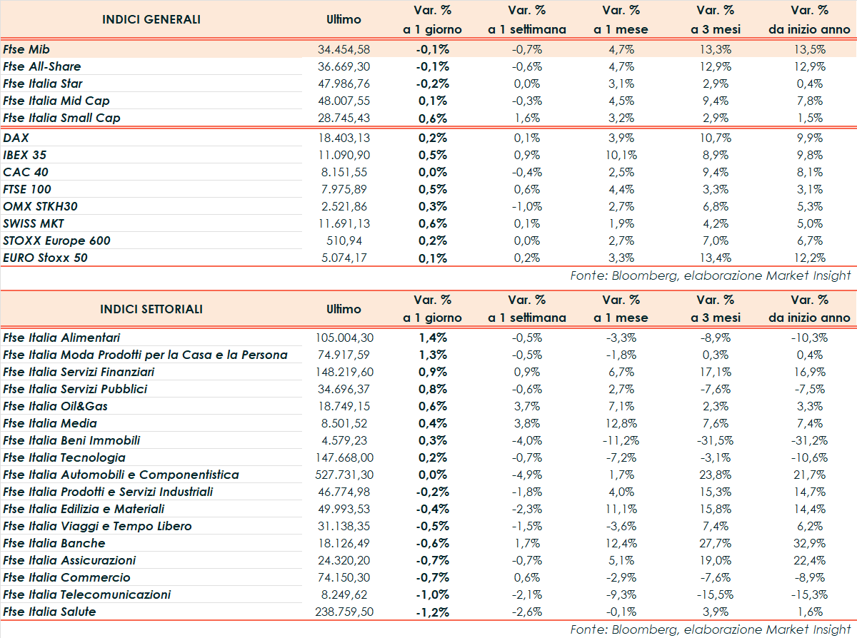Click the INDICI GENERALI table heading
[x=151, y=19]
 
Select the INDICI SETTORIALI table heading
[x=151, y=309]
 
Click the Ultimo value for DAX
[x=344, y=138]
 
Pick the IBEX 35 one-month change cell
[x=621, y=155]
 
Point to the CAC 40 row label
[x=26, y=172]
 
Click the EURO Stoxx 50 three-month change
[x=716, y=258]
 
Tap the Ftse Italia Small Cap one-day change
[x=433, y=118]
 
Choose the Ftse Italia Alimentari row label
[x=61, y=338]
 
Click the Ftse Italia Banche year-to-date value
[x=810, y=543]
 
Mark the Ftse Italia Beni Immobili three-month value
[x=716, y=440]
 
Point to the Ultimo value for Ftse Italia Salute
[x=344, y=612]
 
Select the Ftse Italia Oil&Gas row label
[x=56, y=406]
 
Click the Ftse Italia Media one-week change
[x=527, y=423]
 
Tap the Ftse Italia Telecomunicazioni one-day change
[x=433, y=594]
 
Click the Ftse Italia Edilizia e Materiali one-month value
[x=621, y=509]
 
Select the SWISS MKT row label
[x=34, y=223]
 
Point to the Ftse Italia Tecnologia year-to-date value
[x=810, y=457]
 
